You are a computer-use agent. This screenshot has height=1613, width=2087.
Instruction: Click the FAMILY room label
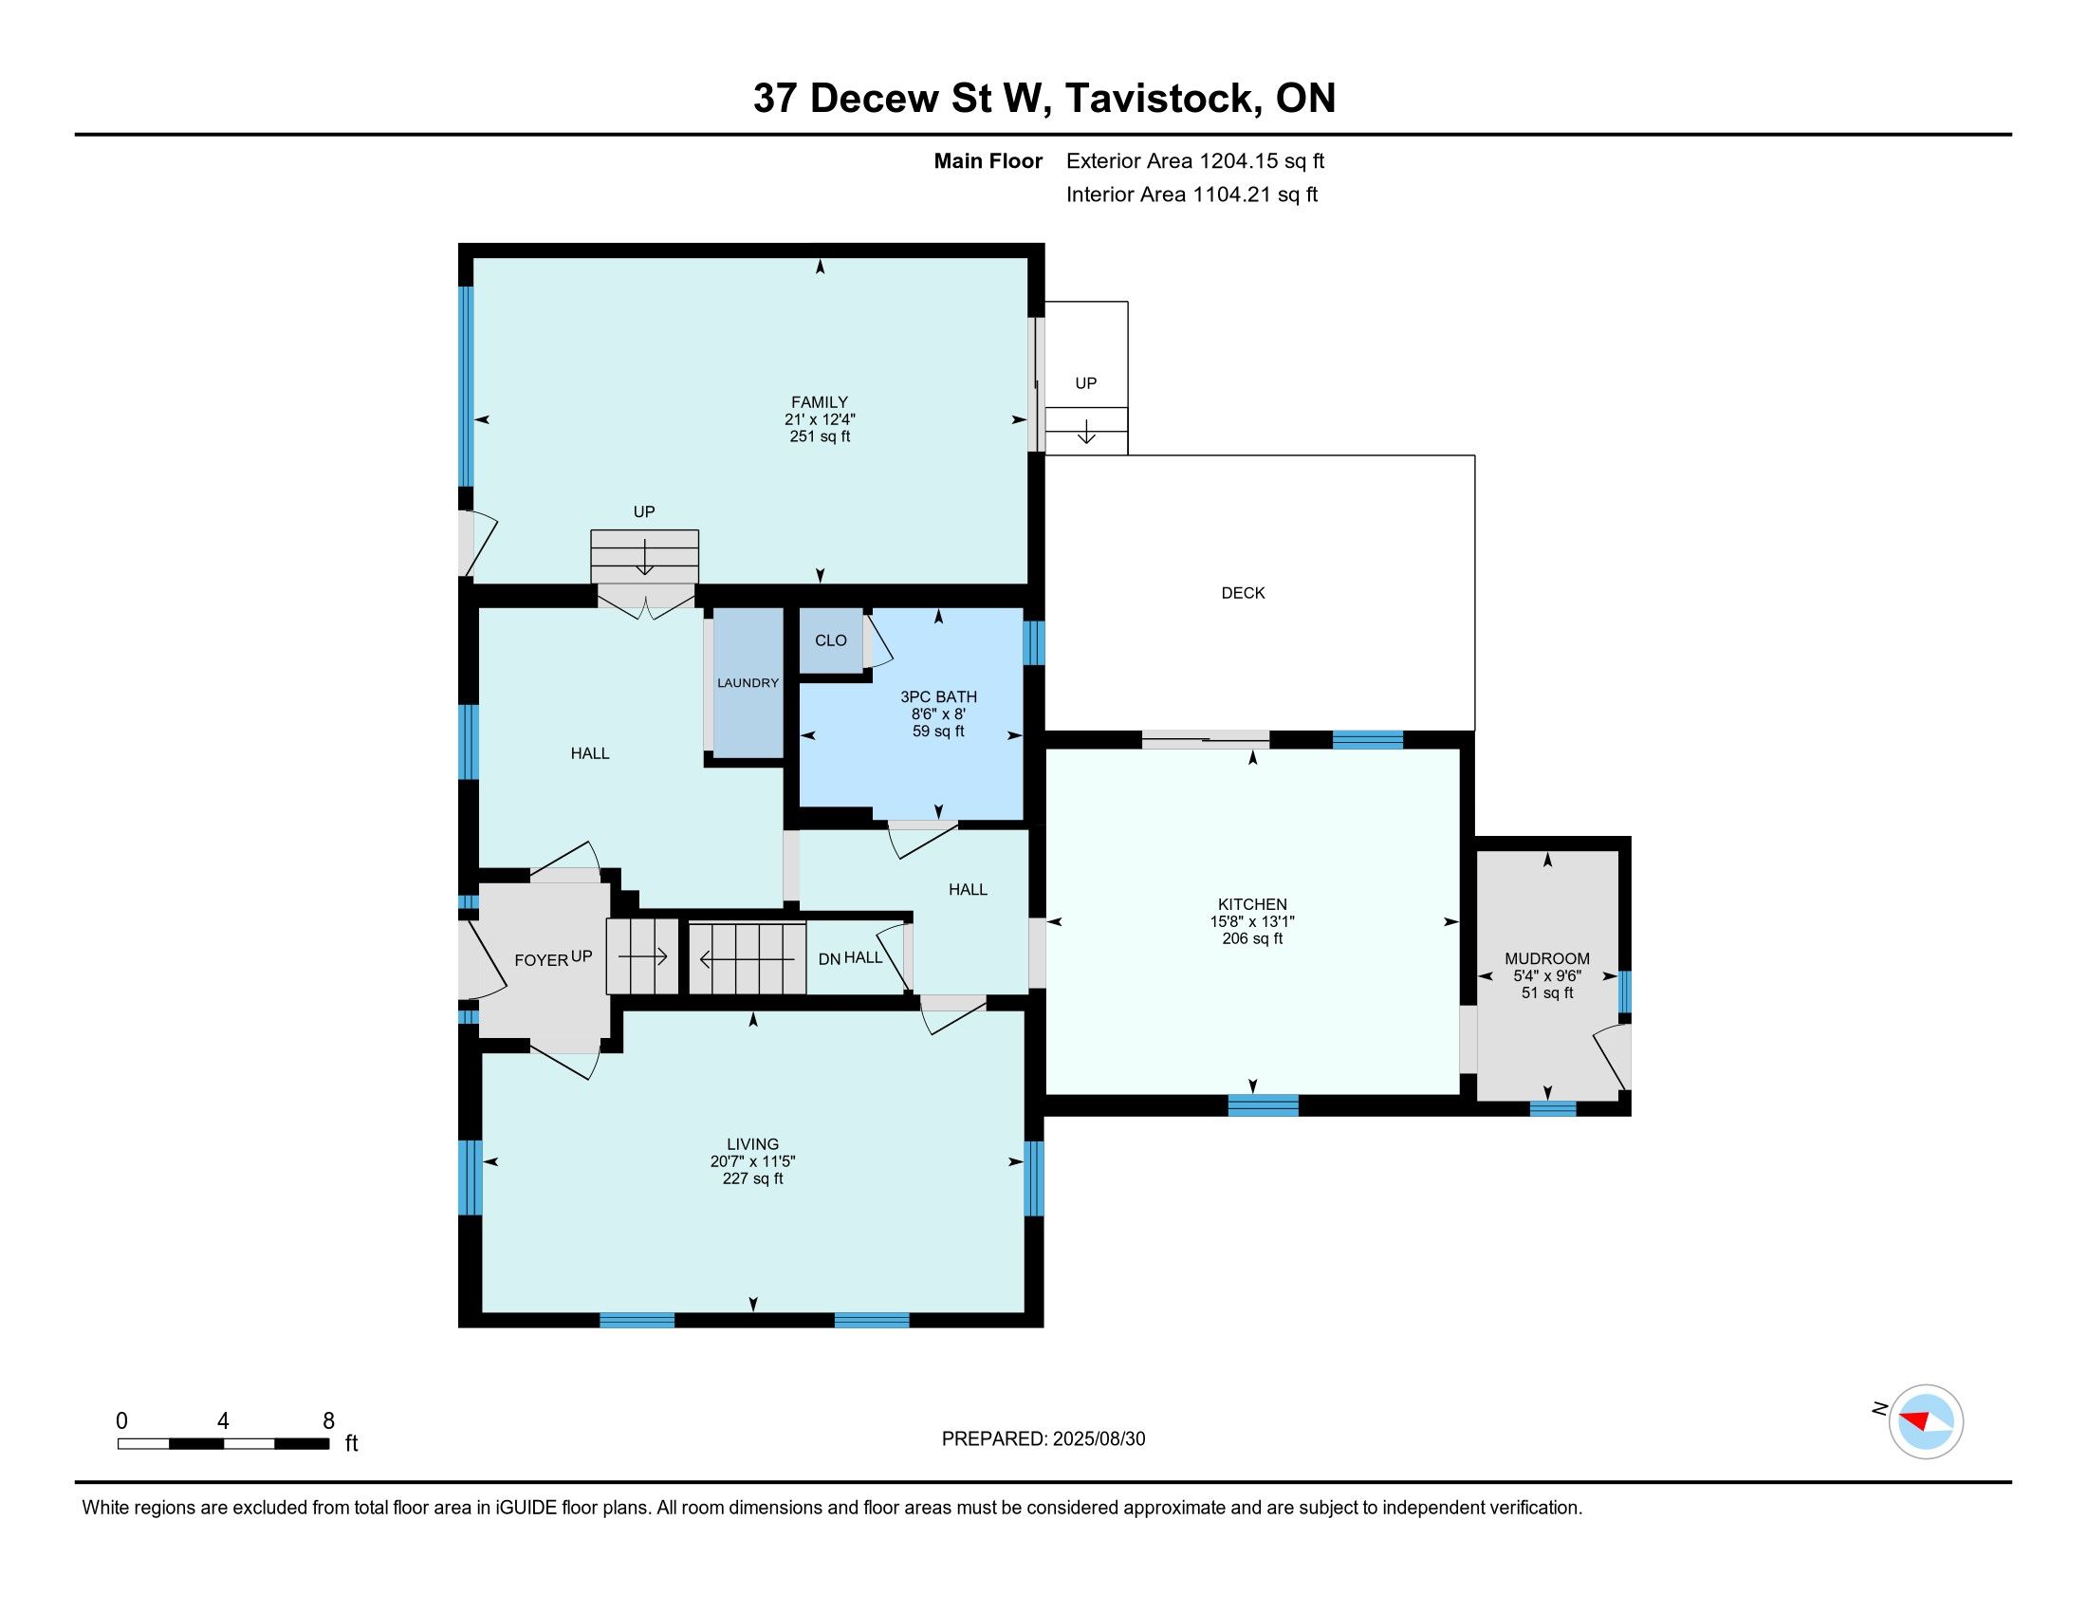[819, 402]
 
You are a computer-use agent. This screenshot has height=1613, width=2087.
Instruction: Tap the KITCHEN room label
[1252, 904]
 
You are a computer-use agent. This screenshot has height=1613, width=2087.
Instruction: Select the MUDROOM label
[1547, 958]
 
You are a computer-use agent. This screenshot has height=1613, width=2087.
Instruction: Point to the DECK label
[1243, 593]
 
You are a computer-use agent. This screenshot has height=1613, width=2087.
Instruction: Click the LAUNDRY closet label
[748, 683]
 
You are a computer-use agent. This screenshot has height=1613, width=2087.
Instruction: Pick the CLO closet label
[830, 640]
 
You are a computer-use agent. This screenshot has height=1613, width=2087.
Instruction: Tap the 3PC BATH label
[938, 697]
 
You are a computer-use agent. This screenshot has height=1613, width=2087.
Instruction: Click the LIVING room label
[753, 1144]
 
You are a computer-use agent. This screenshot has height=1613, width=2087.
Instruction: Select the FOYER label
[541, 960]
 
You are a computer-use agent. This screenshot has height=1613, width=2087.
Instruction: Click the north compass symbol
[1925, 1422]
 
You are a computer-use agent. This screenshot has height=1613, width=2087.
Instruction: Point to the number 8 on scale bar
[328, 1421]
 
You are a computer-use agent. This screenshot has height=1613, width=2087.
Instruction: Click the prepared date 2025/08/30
[1098, 1439]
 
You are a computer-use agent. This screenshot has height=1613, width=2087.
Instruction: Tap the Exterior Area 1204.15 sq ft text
[1195, 161]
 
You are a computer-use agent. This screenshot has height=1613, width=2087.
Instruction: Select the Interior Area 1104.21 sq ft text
[1191, 195]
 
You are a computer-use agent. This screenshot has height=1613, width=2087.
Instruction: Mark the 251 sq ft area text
[819, 436]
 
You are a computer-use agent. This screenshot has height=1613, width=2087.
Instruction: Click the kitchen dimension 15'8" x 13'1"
[1252, 921]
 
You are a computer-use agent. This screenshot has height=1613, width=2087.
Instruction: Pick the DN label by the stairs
[828, 958]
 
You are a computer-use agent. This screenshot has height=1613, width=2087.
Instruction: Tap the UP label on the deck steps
[1085, 383]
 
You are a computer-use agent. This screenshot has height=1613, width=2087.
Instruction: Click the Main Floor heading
[988, 161]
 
